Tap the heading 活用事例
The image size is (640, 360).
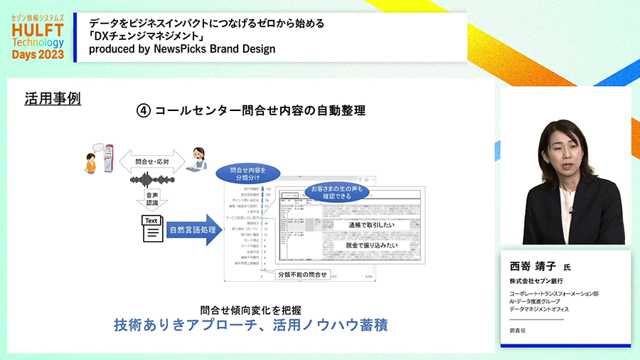click(x=53, y=98)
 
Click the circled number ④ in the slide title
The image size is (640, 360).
click(x=144, y=111)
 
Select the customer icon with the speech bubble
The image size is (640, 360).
click(x=90, y=161)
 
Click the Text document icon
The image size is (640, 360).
click(x=152, y=229)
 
